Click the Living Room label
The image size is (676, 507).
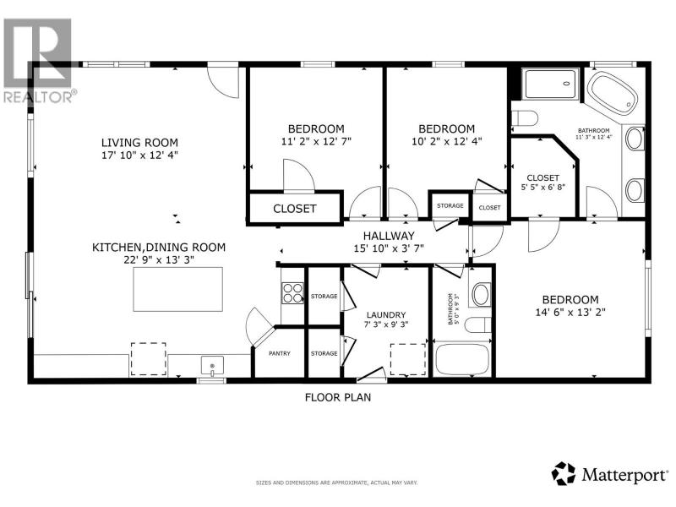139,142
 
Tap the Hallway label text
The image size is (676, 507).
389,236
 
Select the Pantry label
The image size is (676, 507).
280,353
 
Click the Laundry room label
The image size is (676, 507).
386,315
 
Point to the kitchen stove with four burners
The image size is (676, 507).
292,292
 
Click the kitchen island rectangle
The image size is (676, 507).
178,289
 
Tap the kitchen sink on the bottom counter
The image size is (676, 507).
212,366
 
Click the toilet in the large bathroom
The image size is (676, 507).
525,117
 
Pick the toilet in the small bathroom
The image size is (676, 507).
478,324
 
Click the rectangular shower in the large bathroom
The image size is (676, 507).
550,84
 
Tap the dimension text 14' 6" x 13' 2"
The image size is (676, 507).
570,312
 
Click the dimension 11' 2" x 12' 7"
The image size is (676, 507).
316,141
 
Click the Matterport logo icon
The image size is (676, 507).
564,474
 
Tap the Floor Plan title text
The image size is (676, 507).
338,397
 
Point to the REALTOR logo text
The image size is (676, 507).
40,96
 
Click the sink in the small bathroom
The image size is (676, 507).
481,294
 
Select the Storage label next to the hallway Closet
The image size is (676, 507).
450,205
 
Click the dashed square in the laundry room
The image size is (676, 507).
408,359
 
